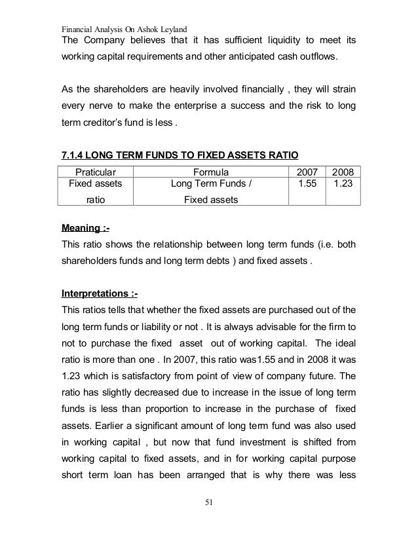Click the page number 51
pos(209,502)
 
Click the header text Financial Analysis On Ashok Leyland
pos(124,29)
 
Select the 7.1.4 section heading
pos(179,155)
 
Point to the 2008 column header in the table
pos(343,170)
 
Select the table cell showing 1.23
pos(343,184)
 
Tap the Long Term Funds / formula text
pos(211,184)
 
